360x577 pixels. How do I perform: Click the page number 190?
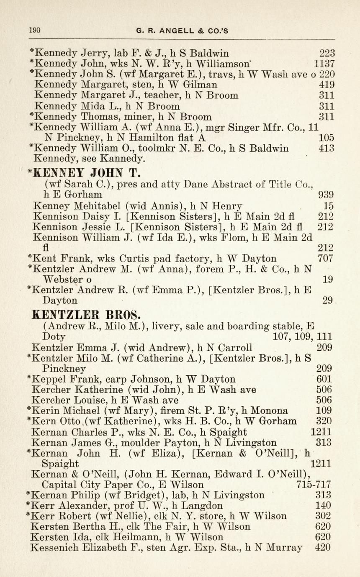point(34,30)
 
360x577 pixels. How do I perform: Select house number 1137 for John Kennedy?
point(324,64)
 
